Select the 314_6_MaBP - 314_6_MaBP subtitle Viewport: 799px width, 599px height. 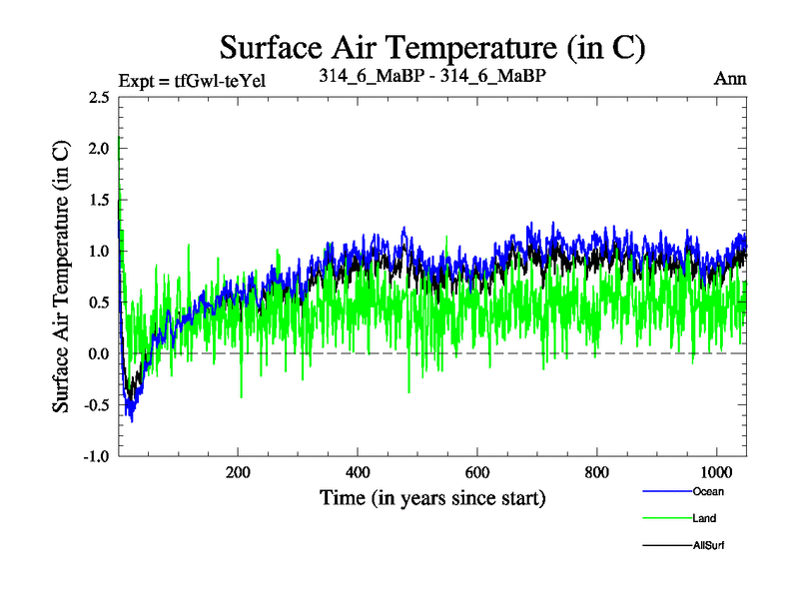pyautogui.click(x=431, y=76)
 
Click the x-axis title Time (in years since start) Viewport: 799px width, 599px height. pyautogui.click(x=432, y=497)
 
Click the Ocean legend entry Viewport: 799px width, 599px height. pyautogui.click(x=707, y=491)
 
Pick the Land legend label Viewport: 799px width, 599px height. pyautogui.click(x=704, y=518)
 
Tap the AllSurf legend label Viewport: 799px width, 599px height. pyautogui.click(x=707, y=545)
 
